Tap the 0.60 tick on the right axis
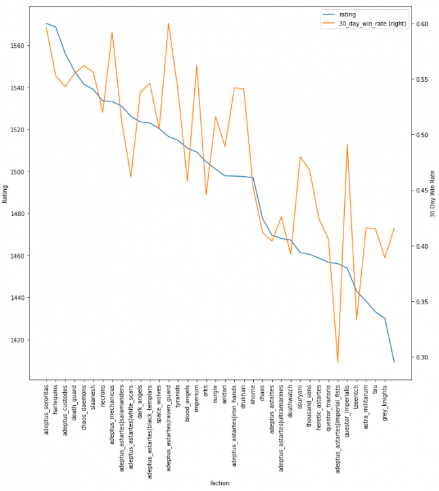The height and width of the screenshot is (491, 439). click(421, 24)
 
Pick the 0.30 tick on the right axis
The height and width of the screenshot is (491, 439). click(421, 357)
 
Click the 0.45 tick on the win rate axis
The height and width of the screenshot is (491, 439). click(421, 191)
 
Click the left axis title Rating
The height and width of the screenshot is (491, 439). click(6, 193)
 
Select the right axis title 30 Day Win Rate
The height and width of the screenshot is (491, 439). click(432, 193)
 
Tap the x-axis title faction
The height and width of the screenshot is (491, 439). click(219, 483)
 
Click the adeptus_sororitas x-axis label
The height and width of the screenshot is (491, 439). click(46, 410)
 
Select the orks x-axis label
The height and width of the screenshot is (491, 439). click(206, 392)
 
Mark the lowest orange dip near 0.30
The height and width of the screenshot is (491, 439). click(338, 362)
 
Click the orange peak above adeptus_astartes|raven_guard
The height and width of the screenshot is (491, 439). click(169, 24)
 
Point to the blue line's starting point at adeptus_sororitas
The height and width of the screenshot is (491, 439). click(46, 24)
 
